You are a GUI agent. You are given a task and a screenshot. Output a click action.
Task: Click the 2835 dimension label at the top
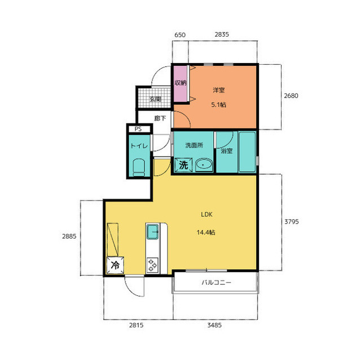[x=222, y=34]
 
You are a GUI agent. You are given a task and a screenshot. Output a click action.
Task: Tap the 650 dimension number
[x=180, y=35]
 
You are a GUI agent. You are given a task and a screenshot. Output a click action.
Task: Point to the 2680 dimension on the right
[x=291, y=96]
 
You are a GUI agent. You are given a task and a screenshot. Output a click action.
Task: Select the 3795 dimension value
[x=292, y=221]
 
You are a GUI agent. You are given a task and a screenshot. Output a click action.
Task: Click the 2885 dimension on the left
[x=69, y=236]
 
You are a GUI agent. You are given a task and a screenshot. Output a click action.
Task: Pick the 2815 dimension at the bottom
[x=136, y=325]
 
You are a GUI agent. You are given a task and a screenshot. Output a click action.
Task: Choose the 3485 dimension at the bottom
[x=214, y=325]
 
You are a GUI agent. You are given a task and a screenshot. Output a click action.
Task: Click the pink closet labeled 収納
[x=180, y=84]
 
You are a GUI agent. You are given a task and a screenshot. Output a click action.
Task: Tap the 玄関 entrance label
[x=155, y=99]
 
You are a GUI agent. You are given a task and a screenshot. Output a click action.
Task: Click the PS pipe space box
[x=138, y=129]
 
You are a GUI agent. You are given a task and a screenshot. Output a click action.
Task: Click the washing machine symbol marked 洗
[x=183, y=165]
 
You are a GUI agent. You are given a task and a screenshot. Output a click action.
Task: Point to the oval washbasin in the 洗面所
[x=204, y=165]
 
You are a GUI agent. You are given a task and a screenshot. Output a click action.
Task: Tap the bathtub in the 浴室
[x=247, y=152]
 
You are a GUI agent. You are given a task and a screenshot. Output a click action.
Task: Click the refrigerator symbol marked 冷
[x=115, y=265]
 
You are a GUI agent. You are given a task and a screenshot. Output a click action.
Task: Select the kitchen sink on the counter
[x=153, y=232]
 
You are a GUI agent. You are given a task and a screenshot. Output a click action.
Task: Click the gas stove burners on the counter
[x=152, y=265]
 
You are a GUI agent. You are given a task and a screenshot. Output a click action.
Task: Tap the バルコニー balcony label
[x=216, y=282]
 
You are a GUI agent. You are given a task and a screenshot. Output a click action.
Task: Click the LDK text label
[x=206, y=215]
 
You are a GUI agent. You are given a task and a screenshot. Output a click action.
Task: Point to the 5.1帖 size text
[x=218, y=105]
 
